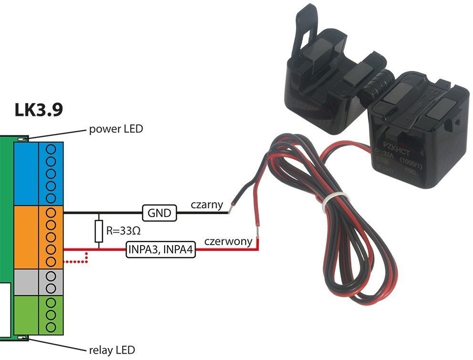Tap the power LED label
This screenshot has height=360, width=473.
(x=116, y=129)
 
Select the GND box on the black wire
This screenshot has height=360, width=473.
(x=159, y=213)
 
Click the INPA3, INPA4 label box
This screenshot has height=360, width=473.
(x=161, y=249)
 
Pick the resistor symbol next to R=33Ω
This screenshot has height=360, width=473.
(x=99, y=231)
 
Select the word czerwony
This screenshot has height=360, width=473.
(x=228, y=241)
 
